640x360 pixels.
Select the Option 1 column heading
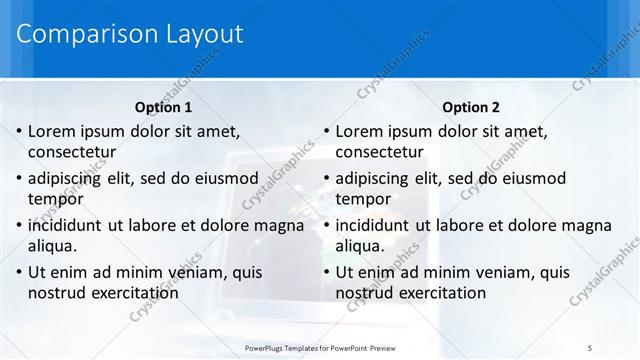(x=164, y=107)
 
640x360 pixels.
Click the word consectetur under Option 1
(x=72, y=153)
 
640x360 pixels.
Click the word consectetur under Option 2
(x=379, y=153)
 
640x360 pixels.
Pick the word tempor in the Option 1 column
(x=55, y=199)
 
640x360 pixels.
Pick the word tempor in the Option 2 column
(x=362, y=199)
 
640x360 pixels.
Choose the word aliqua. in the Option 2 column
(x=360, y=245)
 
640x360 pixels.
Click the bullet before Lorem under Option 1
(x=17, y=131)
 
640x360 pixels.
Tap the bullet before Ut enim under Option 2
(x=325, y=271)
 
